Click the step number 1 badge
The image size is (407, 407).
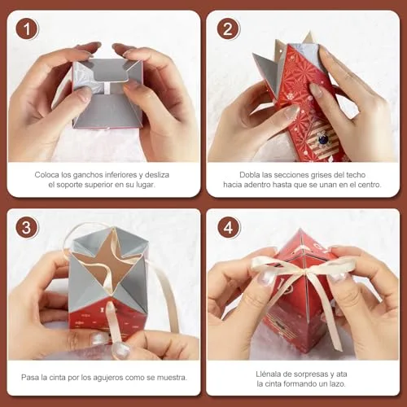pos(27,29)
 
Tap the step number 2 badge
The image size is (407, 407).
pos(228,29)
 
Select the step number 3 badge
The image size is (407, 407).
pos(27,227)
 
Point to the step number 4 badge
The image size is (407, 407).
pos(228,227)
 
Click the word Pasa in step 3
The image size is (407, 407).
pos(30,378)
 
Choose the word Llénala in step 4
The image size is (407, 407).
pos(269,374)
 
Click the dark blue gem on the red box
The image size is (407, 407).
pos(323,139)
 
